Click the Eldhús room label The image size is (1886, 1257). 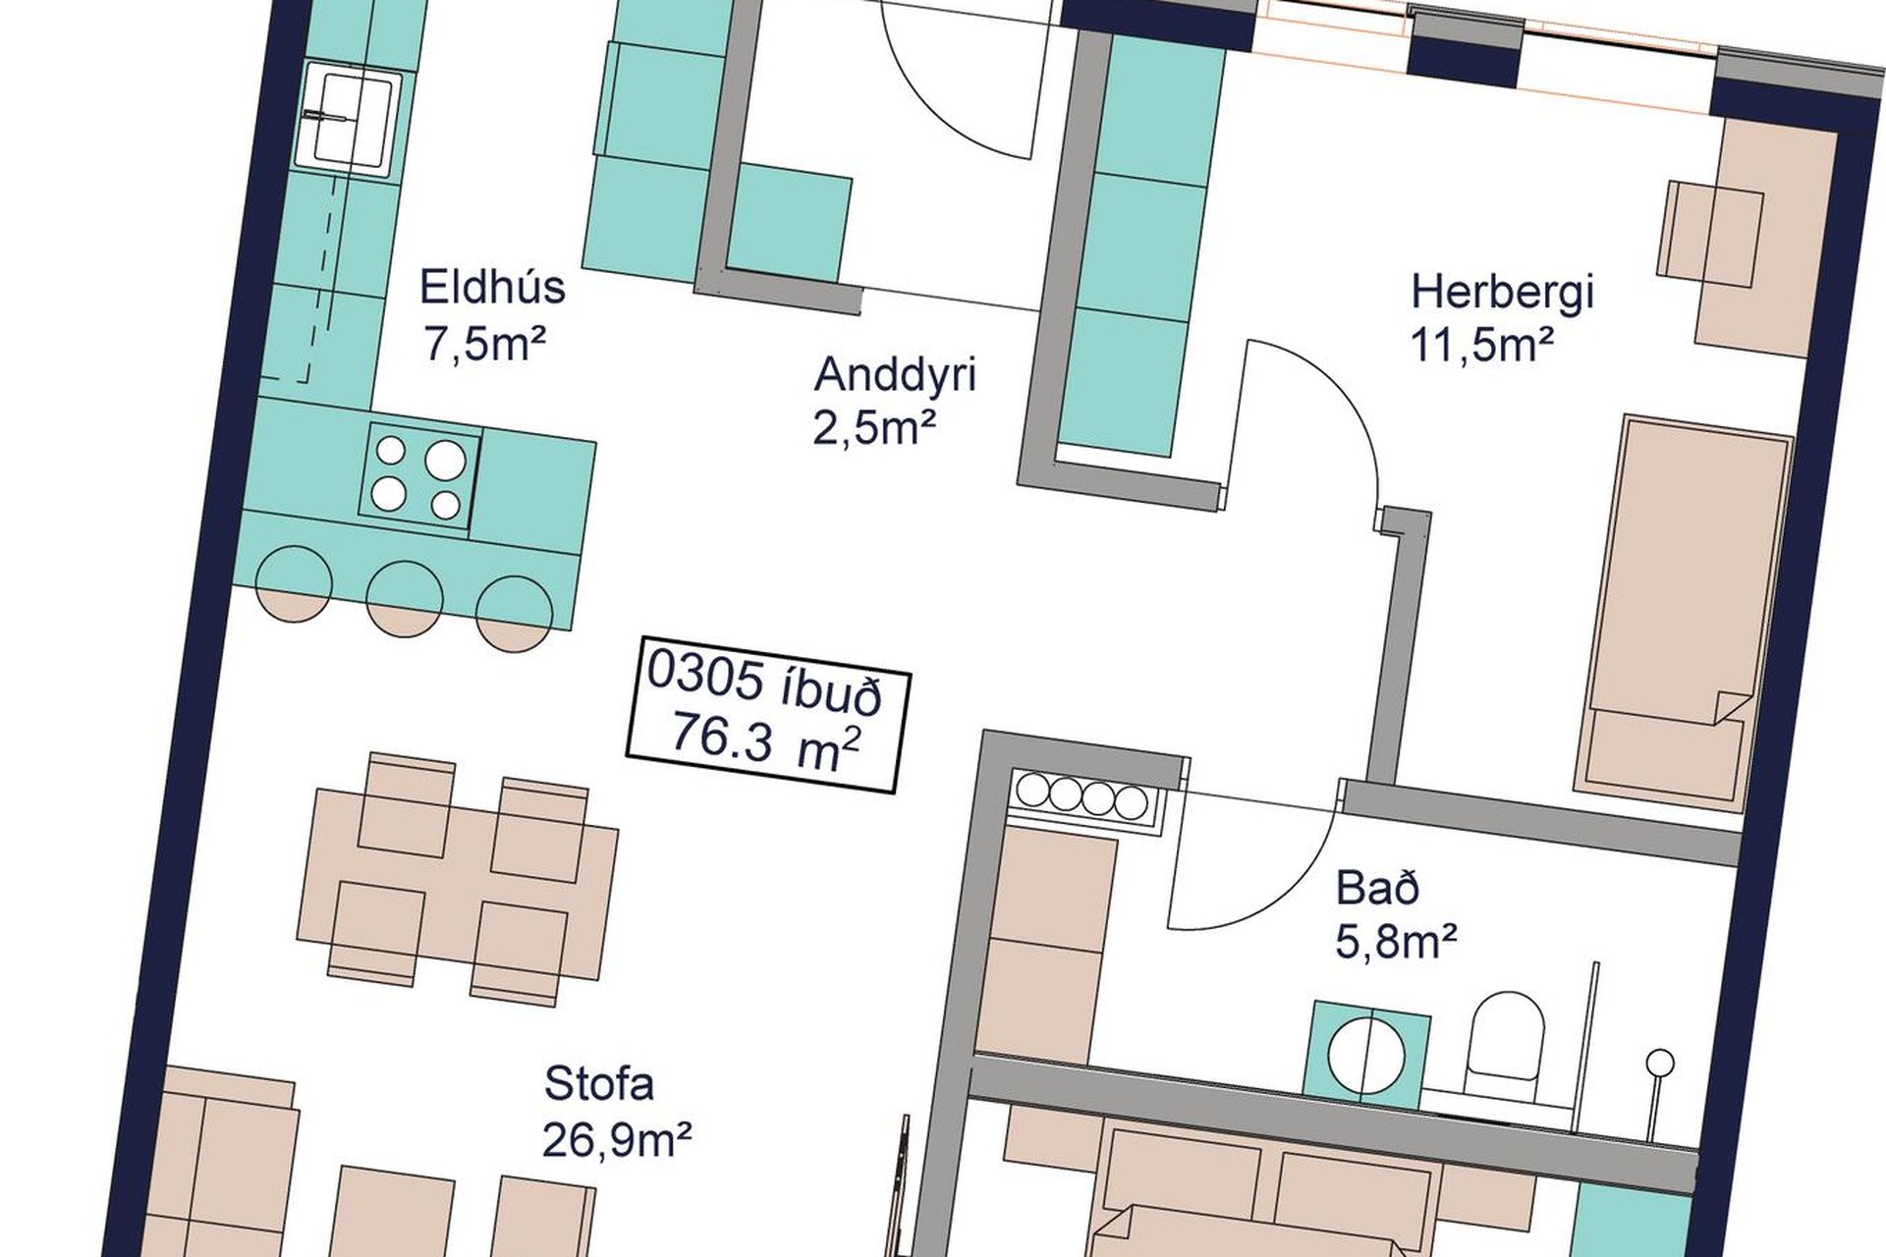click(x=492, y=288)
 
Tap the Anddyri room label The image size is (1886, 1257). click(x=896, y=375)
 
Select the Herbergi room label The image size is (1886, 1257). click(x=1502, y=293)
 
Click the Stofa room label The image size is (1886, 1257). click(x=598, y=1087)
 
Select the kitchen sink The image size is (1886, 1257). click(x=351, y=117)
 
